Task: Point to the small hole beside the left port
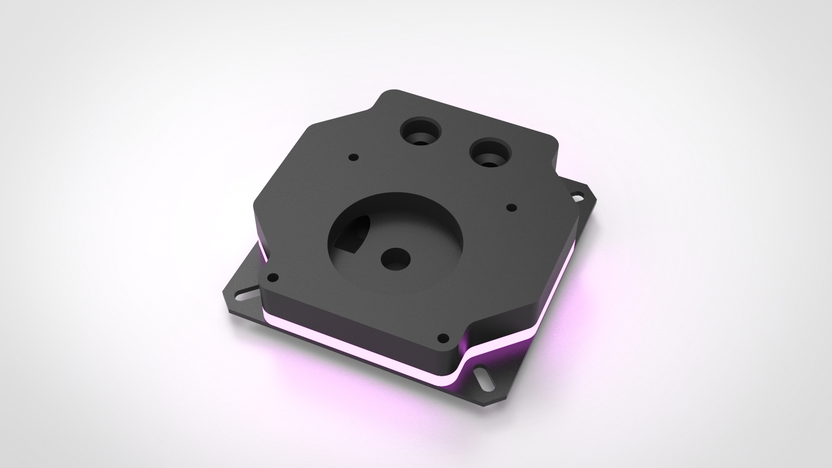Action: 354,156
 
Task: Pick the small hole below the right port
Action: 511,208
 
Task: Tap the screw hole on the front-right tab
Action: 442,338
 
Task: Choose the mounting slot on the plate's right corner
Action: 577,197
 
